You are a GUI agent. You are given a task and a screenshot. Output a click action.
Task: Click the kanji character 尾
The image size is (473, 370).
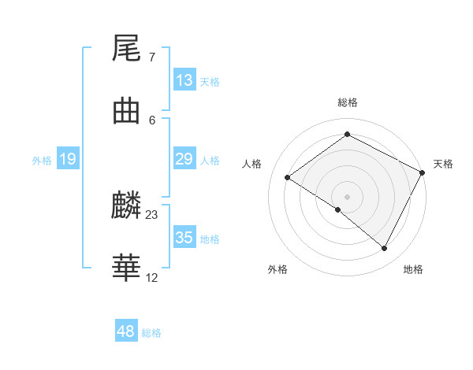coord(127,49)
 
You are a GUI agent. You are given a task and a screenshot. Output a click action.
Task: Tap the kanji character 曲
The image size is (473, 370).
coord(127,111)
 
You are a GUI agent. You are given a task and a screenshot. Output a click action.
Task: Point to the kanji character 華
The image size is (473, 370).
coord(127,268)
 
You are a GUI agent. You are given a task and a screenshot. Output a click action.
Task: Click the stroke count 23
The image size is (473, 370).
coord(152,214)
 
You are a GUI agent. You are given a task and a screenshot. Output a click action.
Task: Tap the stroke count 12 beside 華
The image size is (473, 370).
coord(152,277)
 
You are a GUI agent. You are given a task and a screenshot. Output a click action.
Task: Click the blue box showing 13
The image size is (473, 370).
coord(184,80)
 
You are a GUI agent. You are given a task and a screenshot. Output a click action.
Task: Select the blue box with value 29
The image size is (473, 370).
coord(184,159)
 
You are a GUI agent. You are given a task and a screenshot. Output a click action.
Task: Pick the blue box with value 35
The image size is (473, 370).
coord(184,238)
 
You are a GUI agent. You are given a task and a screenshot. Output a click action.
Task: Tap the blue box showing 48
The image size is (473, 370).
coord(126,331)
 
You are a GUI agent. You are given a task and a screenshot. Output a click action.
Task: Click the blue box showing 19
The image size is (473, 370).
coord(68,160)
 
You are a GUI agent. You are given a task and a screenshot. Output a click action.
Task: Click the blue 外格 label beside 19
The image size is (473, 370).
coord(42,161)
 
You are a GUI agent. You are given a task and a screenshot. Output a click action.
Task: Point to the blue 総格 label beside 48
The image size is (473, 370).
coord(151,333)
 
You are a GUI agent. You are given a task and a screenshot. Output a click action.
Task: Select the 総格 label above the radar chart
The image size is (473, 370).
coord(348,102)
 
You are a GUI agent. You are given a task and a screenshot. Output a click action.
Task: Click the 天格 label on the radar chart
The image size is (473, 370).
coord(443,164)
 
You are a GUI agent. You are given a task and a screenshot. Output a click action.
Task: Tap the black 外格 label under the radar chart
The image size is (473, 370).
coord(277,269)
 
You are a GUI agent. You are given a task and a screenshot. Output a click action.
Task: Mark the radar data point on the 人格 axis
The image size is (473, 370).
coord(288,177)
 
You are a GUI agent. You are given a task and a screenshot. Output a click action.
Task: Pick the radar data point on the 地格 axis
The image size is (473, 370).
coord(385,248)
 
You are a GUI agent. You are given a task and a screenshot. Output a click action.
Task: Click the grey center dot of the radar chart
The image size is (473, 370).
coord(348,196)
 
